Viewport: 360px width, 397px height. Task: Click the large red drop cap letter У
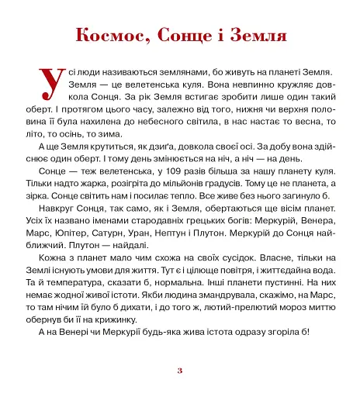point(50,81)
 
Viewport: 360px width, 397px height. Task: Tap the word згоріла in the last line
point(282,333)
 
